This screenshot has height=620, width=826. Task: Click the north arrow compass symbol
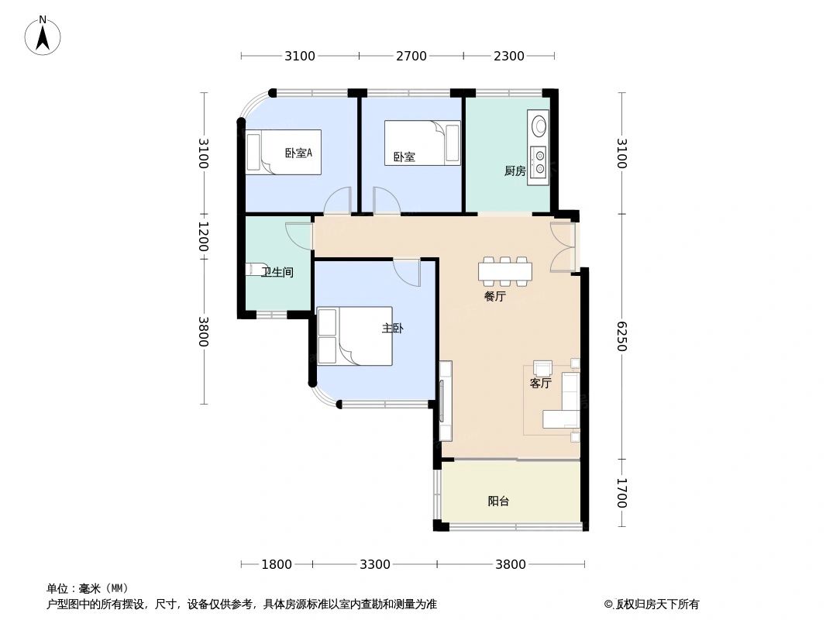coord(43,35)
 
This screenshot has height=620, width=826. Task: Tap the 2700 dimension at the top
coord(411,56)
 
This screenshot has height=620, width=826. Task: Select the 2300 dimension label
coord(509,56)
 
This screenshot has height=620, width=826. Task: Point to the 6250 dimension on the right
coord(621,336)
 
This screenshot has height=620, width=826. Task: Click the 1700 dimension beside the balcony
coord(621,493)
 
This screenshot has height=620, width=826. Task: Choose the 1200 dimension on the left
coord(203,236)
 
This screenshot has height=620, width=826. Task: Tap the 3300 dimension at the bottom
coord(375,564)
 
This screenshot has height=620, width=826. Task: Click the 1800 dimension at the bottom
coord(277,564)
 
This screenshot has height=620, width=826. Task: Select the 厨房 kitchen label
coord(515,171)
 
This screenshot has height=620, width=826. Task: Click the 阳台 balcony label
coord(498,501)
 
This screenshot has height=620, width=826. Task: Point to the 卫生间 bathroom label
coord(277,272)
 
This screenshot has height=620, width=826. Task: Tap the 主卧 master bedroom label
coord(392,329)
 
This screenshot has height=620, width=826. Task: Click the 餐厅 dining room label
coord(494,296)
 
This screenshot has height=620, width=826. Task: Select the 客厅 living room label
coord(540,383)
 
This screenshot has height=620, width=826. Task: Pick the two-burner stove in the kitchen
coord(537,162)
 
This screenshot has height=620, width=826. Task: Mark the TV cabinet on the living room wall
coord(446,401)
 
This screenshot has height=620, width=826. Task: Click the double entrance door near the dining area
coord(564,247)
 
